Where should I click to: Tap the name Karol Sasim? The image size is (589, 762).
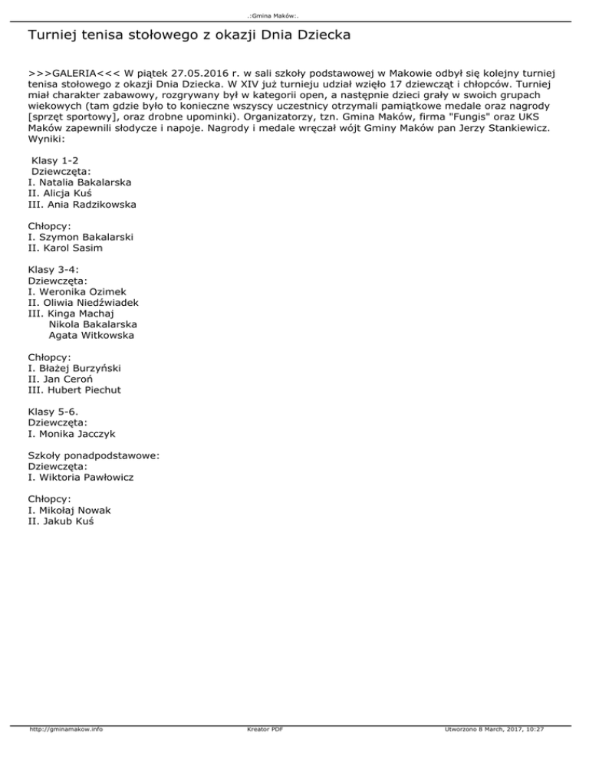(x=75, y=248)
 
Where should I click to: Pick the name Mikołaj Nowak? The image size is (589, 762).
(x=73, y=510)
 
